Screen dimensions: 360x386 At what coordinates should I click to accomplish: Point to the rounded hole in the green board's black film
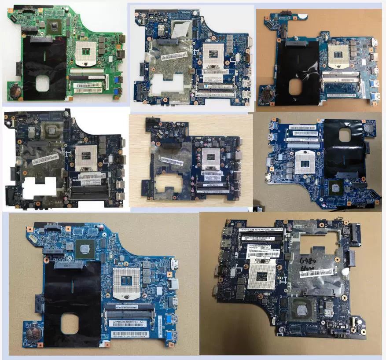[x=42, y=84]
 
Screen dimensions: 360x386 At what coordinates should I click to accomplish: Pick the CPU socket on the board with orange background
[x=337, y=57]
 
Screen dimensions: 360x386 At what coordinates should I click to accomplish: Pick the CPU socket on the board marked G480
[x=262, y=273]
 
